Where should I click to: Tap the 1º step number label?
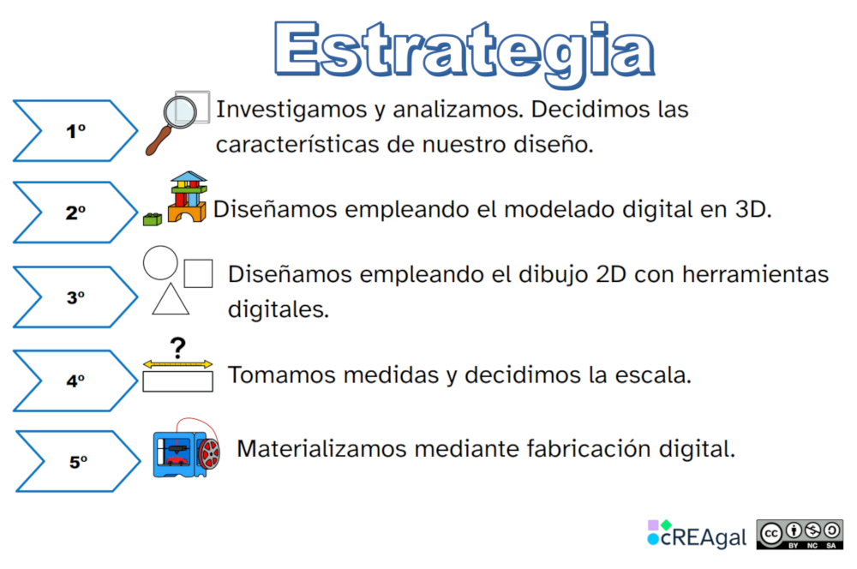click(x=76, y=131)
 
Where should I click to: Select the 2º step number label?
click(x=76, y=213)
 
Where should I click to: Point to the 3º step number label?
click(x=76, y=298)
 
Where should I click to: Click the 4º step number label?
click(x=76, y=380)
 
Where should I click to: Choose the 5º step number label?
click(x=78, y=463)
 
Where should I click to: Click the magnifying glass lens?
click(x=180, y=112)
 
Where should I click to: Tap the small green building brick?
click(x=153, y=219)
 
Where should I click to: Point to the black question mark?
click(x=178, y=348)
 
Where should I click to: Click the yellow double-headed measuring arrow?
click(x=177, y=364)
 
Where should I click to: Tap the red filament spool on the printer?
click(x=209, y=453)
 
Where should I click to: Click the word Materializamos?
click(x=322, y=449)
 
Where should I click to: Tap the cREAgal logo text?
click(x=704, y=537)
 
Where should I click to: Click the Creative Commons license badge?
click(x=800, y=535)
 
